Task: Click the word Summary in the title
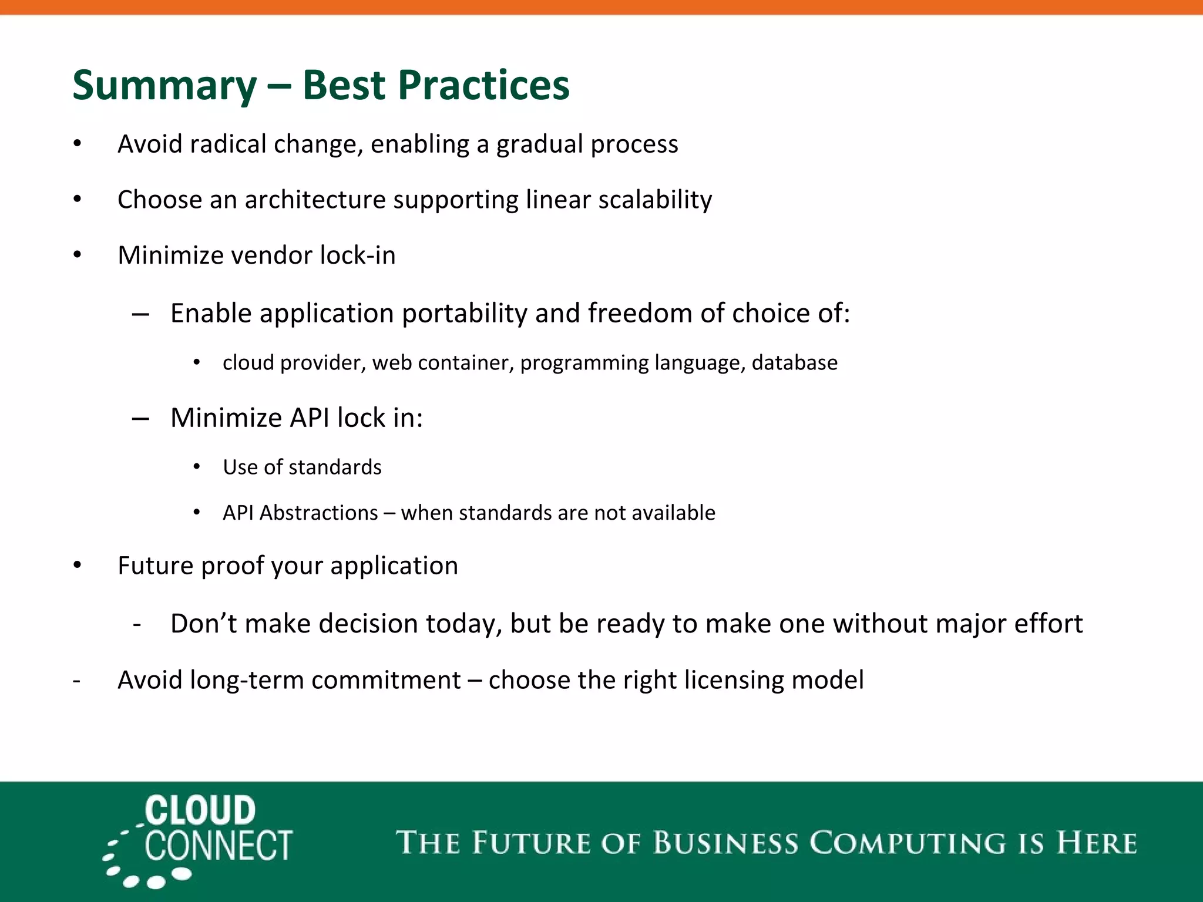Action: (164, 86)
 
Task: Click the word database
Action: (794, 363)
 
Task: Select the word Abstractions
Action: (318, 513)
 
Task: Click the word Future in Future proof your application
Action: (155, 566)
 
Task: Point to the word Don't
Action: (203, 624)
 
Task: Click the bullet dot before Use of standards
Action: (197, 467)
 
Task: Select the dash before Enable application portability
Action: (140, 315)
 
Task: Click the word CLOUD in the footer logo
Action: (200, 810)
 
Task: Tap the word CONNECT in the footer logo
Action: (219, 846)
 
